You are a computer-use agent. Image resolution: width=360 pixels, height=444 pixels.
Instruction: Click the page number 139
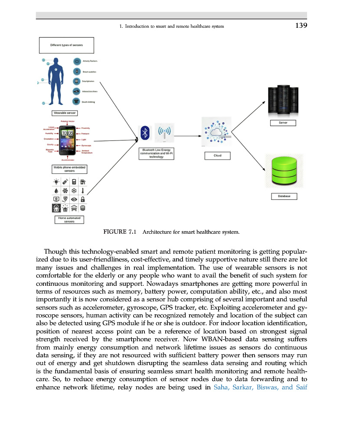point(301,26)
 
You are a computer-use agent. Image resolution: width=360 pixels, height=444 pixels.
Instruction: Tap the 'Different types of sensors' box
point(66,45)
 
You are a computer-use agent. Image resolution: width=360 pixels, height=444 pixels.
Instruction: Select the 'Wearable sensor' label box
point(65,113)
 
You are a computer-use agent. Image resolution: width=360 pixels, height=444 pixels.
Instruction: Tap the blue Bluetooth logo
point(146,133)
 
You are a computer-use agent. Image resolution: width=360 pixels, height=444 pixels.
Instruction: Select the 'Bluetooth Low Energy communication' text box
point(156,154)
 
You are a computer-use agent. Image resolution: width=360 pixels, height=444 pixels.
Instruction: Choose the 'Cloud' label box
point(217,156)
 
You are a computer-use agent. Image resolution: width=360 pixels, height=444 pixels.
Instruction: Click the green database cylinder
point(284,170)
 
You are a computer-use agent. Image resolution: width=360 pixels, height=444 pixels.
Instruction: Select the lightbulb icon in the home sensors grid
point(56,182)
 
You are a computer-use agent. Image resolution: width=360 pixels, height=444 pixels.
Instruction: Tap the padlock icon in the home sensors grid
point(82,199)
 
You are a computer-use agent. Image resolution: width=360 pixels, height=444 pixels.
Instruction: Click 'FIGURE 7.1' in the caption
point(120,232)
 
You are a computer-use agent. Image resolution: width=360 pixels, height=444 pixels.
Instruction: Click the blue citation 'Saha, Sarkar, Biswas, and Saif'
point(260,387)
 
